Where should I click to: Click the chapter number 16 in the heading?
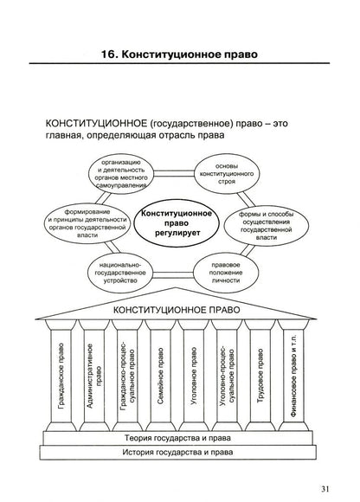pyautogui.click(x=108, y=55)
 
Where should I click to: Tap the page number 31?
pyautogui.click(x=325, y=489)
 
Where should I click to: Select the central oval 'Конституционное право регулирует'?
pyautogui.click(x=177, y=223)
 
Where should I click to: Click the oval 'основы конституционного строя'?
pyautogui.click(x=227, y=174)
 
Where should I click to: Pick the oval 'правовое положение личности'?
pyautogui.click(x=226, y=273)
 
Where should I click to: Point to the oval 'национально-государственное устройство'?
pyautogui.click(x=120, y=273)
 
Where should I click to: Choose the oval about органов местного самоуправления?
pyautogui.click(x=121, y=174)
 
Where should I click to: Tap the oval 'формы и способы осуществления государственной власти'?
pyautogui.click(x=267, y=226)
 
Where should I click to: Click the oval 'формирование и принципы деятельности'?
pyautogui.click(x=87, y=223)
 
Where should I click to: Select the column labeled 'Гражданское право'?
pyautogui.click(x=61, y=376)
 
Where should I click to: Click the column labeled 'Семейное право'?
pyautogui.click(x=161, y=376)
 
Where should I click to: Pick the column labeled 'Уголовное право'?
pyautogui.click(x=194, y=376)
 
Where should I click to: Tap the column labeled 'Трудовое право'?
pyautogui.click(x=260, y=376)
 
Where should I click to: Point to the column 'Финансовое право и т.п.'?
pyautogui.click(x=293, y=376)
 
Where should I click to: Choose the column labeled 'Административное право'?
pyautogui.click(x=94, y=376)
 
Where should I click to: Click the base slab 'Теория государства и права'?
pyautogui.click(x=177, y=438)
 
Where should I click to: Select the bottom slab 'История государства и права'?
pyautogui.click(x=177, y=453)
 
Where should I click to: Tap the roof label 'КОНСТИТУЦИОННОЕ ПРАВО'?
pyautogui.click(x=177, y=310)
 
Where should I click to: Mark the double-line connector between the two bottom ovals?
pyautogui.click(x=173, y=274)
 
